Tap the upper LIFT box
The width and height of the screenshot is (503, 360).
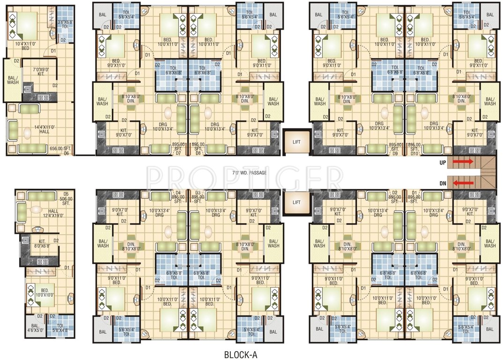(x=296, y=140)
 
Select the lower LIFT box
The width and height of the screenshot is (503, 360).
(x=296, y=202)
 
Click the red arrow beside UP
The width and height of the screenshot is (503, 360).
(x=463, y=162)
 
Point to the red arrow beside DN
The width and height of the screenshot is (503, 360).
(x=463, y=183)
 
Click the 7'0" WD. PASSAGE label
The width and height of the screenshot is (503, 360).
(x=249, y=173)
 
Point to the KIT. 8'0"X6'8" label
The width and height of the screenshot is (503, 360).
(x=42, y=244)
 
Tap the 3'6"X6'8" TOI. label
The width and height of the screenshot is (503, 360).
(x=65, y=24)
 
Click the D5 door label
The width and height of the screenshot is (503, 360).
(x=66, y=194)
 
